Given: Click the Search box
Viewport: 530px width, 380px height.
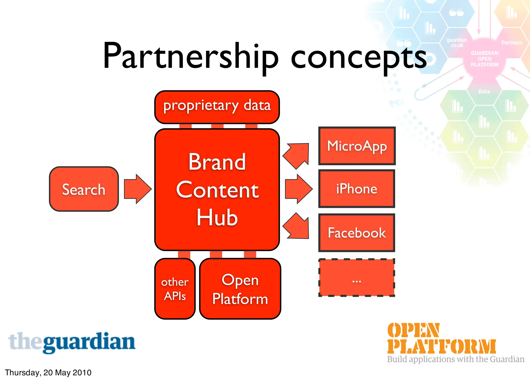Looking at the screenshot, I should [x=84, y=189].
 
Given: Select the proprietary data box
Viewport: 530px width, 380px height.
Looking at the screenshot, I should [x=217, y=107].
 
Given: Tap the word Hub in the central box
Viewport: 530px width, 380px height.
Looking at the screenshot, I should [x=217, y=218].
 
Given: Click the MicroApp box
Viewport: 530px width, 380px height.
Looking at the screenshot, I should [x=357, y=146].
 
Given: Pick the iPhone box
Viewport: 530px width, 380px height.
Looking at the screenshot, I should [x=357, y=189].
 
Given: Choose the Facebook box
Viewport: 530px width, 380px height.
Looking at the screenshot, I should [x=357, y=233].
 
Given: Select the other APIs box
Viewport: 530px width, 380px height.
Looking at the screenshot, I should [x=175, y=289].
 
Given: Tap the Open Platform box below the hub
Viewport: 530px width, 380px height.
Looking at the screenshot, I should [x=240, y=289].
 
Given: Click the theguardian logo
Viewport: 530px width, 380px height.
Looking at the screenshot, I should [x=72, y=343].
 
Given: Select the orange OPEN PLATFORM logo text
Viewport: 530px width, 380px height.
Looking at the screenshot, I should [x=441, y=339].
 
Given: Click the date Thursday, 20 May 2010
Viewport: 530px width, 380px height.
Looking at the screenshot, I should [x=48, y=373].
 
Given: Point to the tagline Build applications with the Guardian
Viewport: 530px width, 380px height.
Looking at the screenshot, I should [x=455, y=359].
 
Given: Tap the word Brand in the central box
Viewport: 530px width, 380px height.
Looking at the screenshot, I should [x=217, y=162].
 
